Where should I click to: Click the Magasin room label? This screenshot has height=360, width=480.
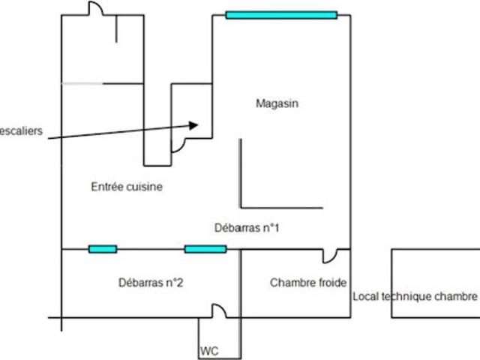(277, 103)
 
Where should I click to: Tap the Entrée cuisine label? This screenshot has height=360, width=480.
(127, 187)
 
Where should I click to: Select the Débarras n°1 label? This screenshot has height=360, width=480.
(247, 228)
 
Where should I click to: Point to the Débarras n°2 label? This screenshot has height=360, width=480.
(151, 283)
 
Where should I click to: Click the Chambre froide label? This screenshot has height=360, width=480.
(308, 283)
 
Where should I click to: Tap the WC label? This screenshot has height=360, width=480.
(209, 351)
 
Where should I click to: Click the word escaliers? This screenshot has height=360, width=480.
(21, 131)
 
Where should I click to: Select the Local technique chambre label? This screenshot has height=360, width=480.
(415, 296)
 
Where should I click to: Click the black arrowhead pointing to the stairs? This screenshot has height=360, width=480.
(193, 125)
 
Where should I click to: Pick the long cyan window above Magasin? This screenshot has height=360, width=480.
(281, 15)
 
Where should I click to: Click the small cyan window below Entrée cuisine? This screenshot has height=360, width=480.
(103, 249)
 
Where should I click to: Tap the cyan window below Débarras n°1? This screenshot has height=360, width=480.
(205, 249)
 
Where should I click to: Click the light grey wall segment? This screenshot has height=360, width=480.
(82, 83)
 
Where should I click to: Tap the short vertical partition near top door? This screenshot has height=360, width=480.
(116, 28)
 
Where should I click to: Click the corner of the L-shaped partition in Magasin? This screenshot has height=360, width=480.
(241, 208)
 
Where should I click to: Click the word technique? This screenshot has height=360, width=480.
(405, 296)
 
